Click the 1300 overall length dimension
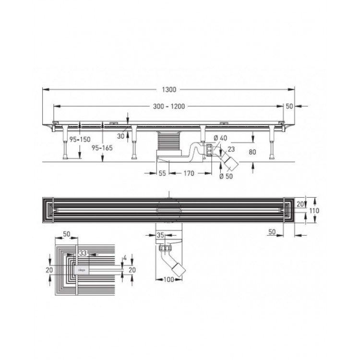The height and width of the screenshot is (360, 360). click(x=169, y=89)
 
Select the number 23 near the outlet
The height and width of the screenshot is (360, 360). click(x=232, y=149)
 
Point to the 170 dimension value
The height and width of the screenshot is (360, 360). click(x=188, y=173)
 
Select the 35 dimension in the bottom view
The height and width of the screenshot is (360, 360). click(x=162, y=235)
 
